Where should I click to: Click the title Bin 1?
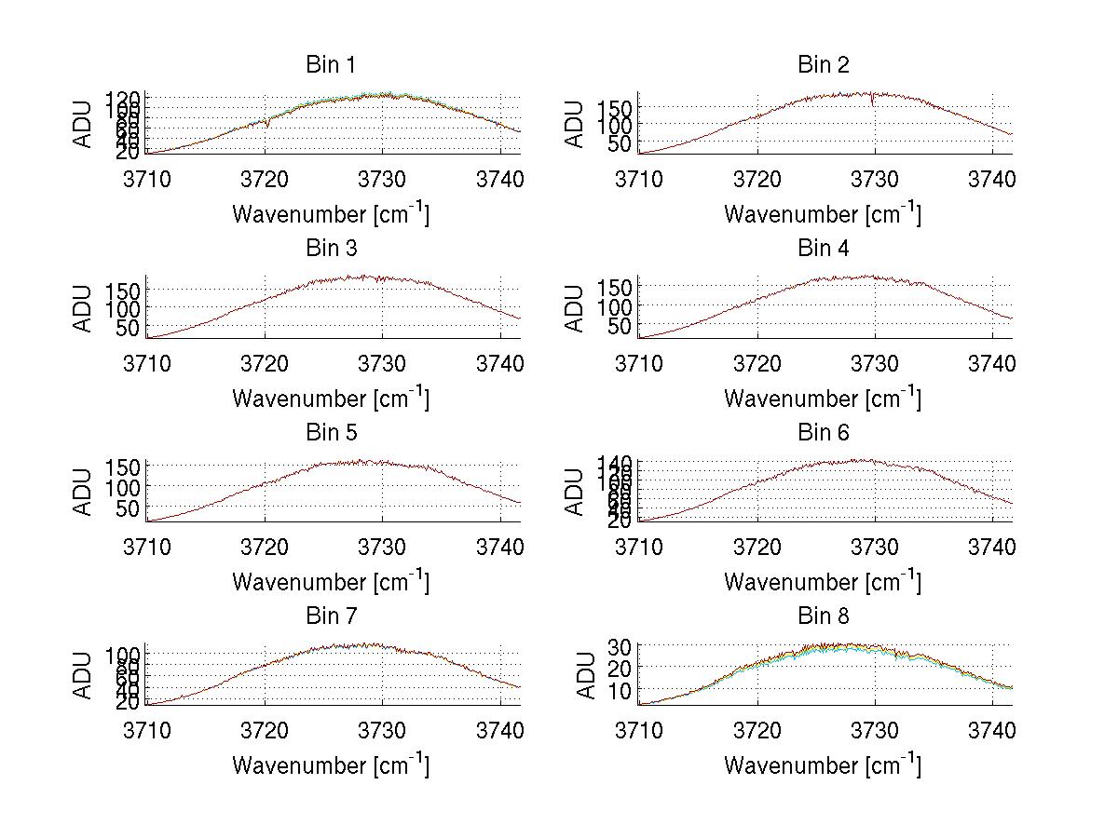(331, 65)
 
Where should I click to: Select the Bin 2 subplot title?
(824, 65)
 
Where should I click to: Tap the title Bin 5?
(331, 433)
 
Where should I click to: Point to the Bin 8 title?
(824, 616)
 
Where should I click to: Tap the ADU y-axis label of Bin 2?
(575, 125)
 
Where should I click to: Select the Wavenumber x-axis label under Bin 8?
(823, 765)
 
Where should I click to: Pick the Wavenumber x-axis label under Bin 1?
(331, 214)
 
